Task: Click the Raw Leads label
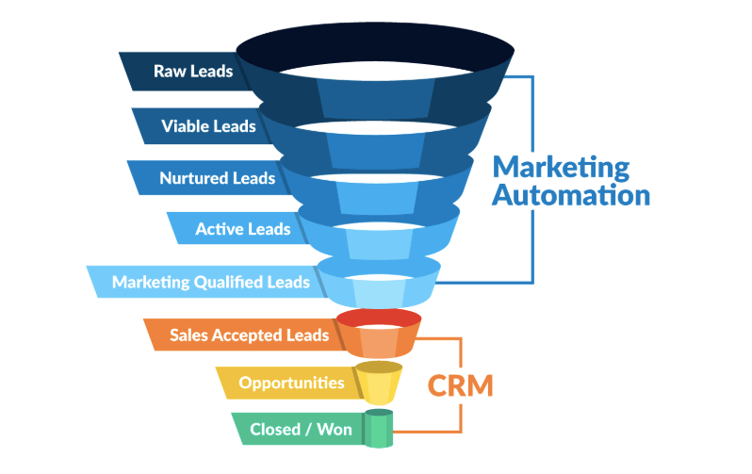[x=192, y=72]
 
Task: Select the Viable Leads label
[x=208, y=126]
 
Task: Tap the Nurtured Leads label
[x=217, y=178]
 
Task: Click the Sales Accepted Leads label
[x=250, y=335]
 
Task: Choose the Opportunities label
[x=291, y=383]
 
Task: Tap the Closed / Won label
[x=301, y=430]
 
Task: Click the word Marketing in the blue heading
[x=562, y=169]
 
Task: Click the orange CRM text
[x=461, y=385]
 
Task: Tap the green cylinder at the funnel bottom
[x=380, y=429]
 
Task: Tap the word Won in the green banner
[x=334, y=430]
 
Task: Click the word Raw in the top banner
[x=169, y=72]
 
